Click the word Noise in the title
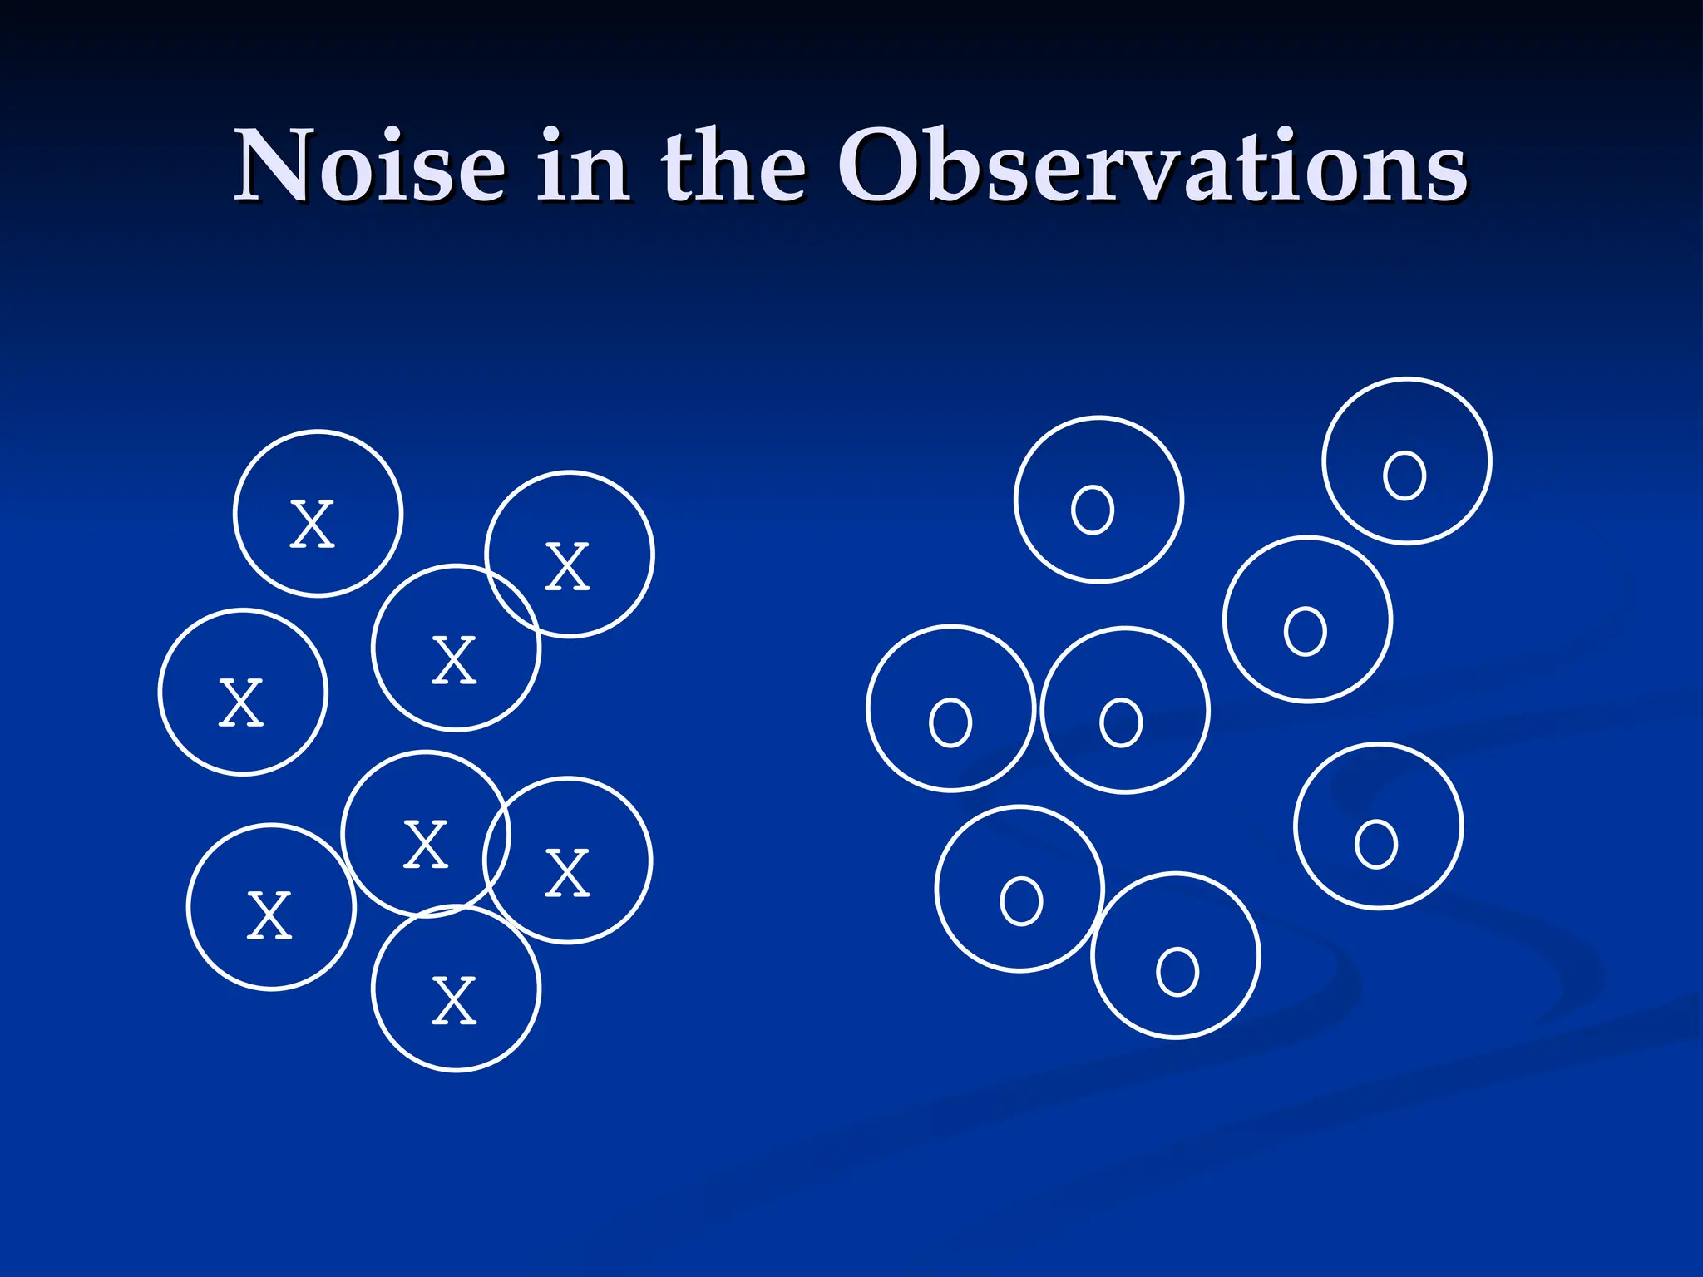tap(370, 166)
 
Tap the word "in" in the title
tap(583, 166)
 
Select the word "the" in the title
tap(733, 166)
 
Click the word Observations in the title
tap(1152, 166)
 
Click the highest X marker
tap(312, 525)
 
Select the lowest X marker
tap(454, 1001)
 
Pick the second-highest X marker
tap(567, 567)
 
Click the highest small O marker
tap(1404, 476)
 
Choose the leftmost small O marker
tap(950, 722)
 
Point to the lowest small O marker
tap(1177, 971)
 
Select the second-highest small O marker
tap(1093, 510)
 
